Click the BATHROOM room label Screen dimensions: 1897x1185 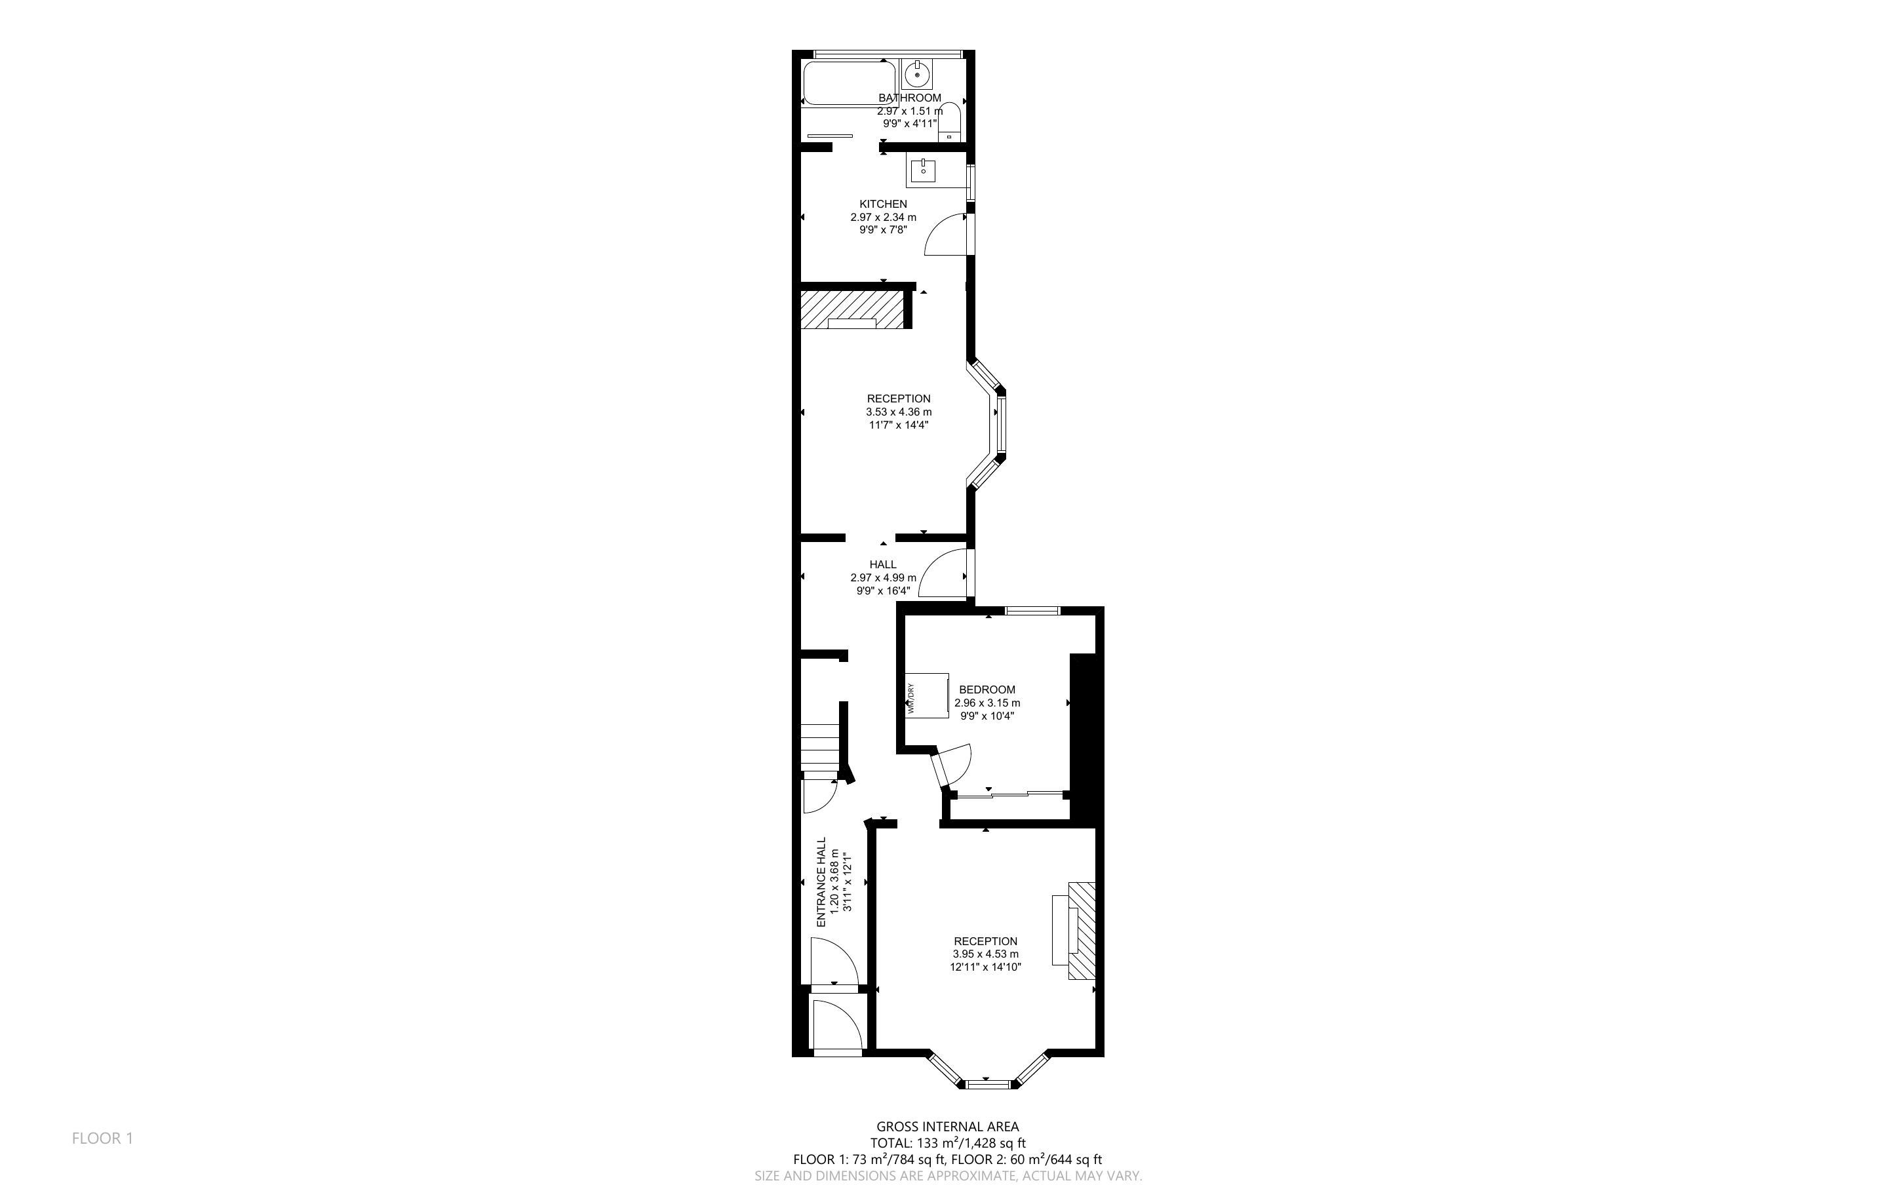click(x=909, y=98)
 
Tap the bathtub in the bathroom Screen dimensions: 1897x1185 click(x=849, y=83)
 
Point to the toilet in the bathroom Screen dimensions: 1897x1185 click(x=950, y=121)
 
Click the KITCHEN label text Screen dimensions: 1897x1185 click(x=883, y=204)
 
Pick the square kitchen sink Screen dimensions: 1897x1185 click(x=925, y=170)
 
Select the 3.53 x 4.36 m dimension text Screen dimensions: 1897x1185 click(x=899, y=412)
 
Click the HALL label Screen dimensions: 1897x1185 click(x=883, y=564)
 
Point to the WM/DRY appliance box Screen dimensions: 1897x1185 click(x=927, y=694)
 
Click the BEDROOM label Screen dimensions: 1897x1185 click(x=987, y=690)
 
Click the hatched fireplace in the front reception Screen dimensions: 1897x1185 click(x=1082, y=930)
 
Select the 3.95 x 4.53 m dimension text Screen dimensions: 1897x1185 click(x=986, y=954)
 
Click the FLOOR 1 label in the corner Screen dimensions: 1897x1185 click(x=103, y=1138)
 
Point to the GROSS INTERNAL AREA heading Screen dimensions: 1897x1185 click(x=947, y=1127)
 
